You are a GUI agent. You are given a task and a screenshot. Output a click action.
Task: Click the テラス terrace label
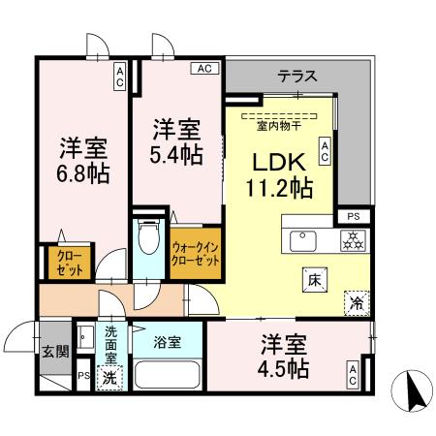(x=297, y=75)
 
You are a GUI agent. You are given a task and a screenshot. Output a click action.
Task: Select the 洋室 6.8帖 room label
(x=82, y=162)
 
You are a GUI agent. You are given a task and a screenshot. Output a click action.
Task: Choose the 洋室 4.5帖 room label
(x=283, y=357)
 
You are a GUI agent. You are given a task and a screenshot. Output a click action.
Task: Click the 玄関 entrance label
(x=54, y=353)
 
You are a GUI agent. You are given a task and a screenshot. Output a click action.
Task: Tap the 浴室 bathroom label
(x=167, y=341)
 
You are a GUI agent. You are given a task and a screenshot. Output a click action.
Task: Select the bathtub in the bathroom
(x=167, y=375)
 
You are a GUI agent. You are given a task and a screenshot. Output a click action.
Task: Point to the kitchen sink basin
(x=299, y=239)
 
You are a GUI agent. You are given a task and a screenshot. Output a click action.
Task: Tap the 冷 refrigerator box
(x=356, y=301)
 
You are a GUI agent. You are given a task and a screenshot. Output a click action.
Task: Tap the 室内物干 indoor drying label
(x=277, y=123)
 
